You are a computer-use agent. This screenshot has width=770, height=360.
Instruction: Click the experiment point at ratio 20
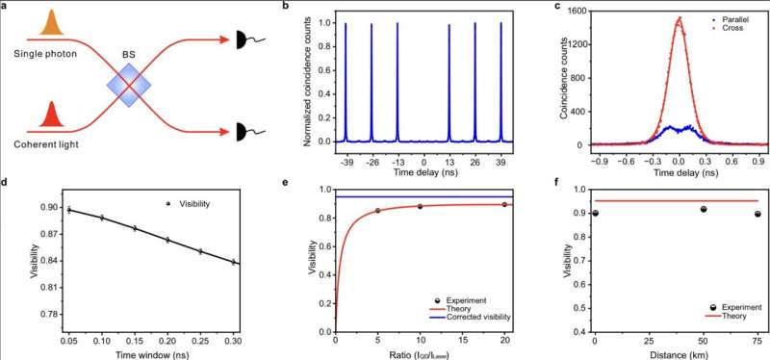tap(504, 204)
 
